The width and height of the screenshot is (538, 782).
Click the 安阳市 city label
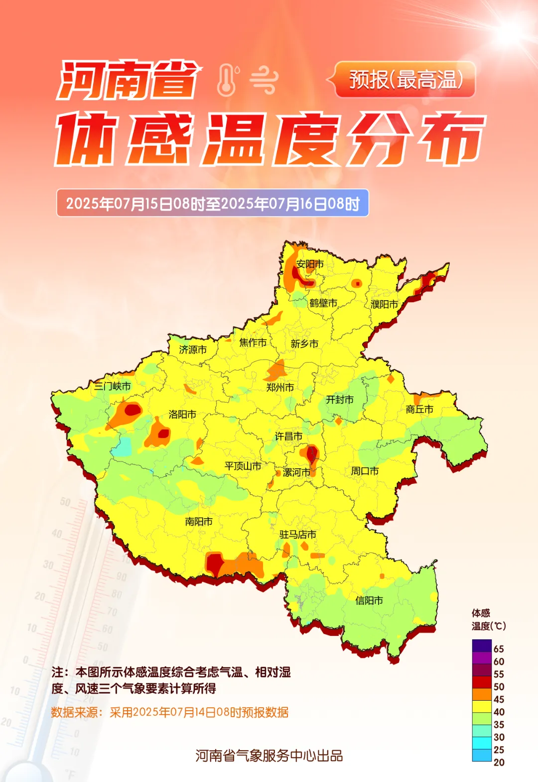(310, 264)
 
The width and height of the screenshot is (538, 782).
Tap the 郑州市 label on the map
(280, 387)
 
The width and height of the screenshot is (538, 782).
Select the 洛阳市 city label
(182, 414)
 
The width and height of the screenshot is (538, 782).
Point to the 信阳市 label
(369, 600)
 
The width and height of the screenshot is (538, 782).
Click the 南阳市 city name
(199, 522)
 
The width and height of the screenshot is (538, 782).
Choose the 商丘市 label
(419, 409)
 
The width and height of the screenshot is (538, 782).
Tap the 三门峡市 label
(113, 386)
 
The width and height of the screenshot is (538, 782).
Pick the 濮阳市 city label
(385, 304)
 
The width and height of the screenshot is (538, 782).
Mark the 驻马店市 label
(298, 535)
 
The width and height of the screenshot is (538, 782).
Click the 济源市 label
(193, 350)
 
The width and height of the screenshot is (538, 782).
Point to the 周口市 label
(365, 471)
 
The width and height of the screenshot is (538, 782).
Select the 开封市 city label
(340, 399)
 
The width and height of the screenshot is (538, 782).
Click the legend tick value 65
(499, 649)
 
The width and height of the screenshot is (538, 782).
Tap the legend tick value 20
(499, 762)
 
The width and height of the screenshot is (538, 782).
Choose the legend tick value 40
(499, 712)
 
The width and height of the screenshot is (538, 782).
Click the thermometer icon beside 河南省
(227, 80)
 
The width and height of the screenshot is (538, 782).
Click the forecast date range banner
(213, 203)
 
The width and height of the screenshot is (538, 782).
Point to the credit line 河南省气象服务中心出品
(269, 756)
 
